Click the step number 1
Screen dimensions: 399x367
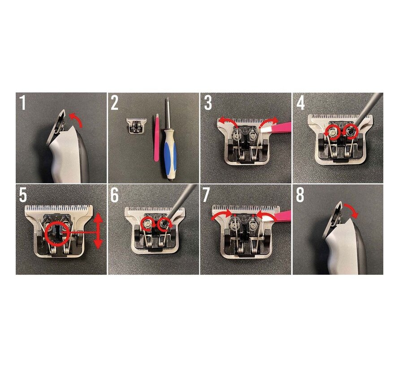coord(23,103)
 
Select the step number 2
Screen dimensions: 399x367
coord(114,103)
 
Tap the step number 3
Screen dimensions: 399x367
coord(208,103)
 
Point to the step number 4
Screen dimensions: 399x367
coord(300,103)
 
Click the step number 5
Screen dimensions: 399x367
coord(23,195)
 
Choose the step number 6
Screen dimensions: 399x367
coord(115,195)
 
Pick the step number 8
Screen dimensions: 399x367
coord(300,195)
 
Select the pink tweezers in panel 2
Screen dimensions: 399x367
coord(156,138)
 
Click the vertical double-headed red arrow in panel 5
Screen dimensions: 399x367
coord(98,232)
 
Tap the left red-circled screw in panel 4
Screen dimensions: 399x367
coord(332,132)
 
